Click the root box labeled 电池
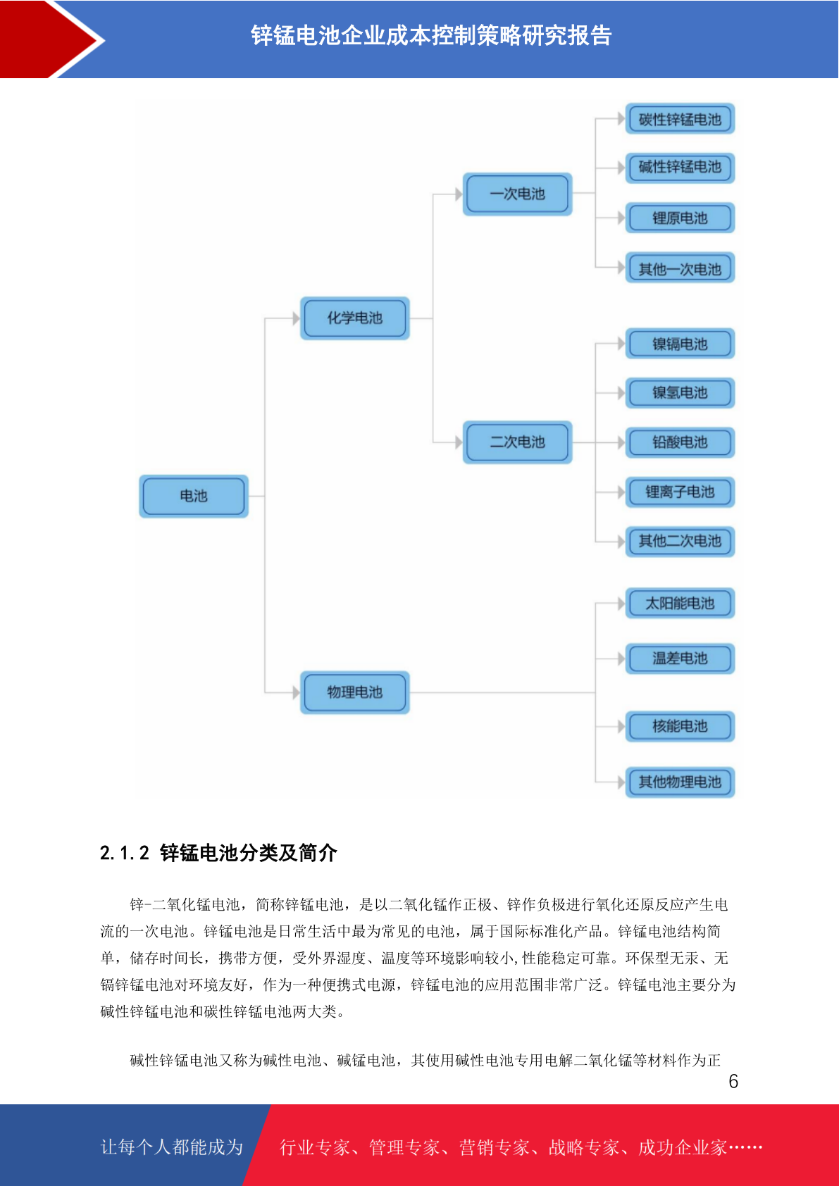pyautogui.click(x=193, y=496)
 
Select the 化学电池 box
pyautogui.click(x=355, y=318)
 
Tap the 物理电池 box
pyautogui.click(x=355, y=692)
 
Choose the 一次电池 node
pyautogui.click(x=518, y=194)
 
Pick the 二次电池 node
pyautogui.click(x=518, y=442)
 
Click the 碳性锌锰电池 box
pyautogui.click(x=680, y=119)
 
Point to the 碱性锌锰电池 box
pyautogui.click(x=680, y=168)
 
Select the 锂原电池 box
pyautogui.click(x=680, y=218)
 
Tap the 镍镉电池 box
pyautogui.click(x=680, y=344)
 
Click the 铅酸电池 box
pyautogui.click(x=680, y=442)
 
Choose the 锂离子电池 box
pyautogui.click(x=680, y=492)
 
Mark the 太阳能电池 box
pyautogui.click(x=680, y=603)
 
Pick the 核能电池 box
pyautogui.click(x=680, y=726)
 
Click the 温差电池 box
pyautogui.click(x=680, y=658)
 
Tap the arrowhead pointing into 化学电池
pyautogui.click(x=296, y=318)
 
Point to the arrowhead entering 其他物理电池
pyautogui.click(x=621, y=782)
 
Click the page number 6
pyautogui.click(x=733, y=1081)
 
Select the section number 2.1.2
pyautogui.click(x=125, y=853)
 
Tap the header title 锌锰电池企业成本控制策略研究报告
pyautogui.click(x=431, y=35)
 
